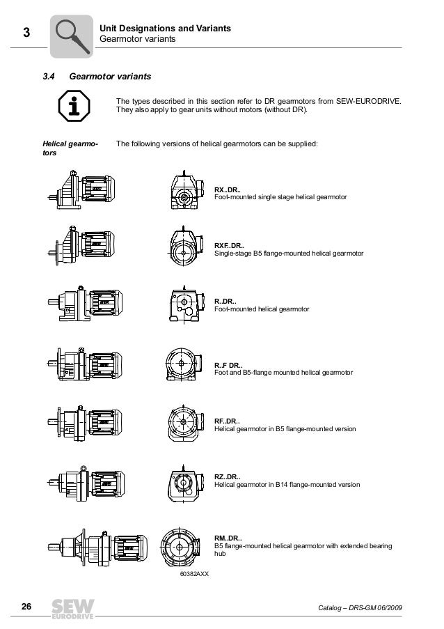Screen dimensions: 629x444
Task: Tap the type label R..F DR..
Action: (228, 365)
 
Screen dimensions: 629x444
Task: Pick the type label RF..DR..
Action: (228, 421)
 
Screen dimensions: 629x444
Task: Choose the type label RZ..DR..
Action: (228, 476)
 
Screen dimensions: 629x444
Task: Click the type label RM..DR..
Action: (228, 538)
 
